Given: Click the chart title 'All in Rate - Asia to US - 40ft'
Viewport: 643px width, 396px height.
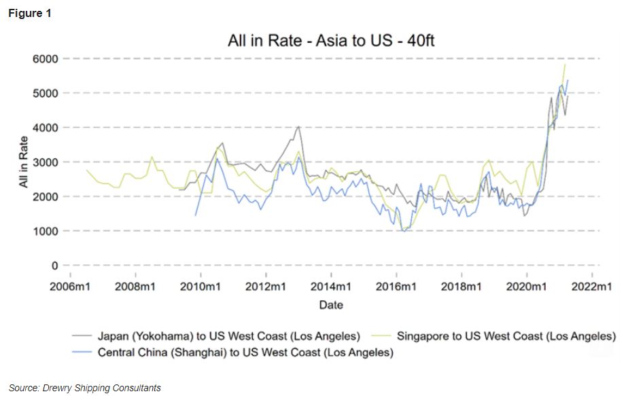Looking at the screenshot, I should (331, 41).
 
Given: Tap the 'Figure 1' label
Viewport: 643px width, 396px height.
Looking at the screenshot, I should (30, 14).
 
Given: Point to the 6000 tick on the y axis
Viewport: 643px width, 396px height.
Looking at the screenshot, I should (46, 58).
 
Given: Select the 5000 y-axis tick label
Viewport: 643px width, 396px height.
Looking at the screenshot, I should (46, 93).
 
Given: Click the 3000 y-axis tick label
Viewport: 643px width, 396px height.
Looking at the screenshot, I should (46, 162).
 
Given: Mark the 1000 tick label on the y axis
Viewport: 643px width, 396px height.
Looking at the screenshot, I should (46, 231).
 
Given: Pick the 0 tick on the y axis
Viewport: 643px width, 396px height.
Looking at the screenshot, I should (54, 266).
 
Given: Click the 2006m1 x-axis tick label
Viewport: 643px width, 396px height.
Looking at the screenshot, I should (70, 287).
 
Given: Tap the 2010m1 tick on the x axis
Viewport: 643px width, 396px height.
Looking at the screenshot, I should (201, 287).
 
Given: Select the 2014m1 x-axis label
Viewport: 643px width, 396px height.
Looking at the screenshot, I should (331, 287).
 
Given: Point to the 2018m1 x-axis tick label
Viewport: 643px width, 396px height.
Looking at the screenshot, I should (462, 287).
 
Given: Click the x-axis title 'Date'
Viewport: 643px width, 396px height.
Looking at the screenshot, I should (331, 305).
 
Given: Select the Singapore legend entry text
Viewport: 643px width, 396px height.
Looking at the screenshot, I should (506, 336).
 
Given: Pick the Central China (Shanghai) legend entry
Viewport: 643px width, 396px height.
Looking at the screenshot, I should (245, 353).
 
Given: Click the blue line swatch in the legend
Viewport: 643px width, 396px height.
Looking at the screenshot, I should (82, 353).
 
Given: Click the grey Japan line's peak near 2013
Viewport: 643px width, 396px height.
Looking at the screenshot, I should (298, 126).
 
